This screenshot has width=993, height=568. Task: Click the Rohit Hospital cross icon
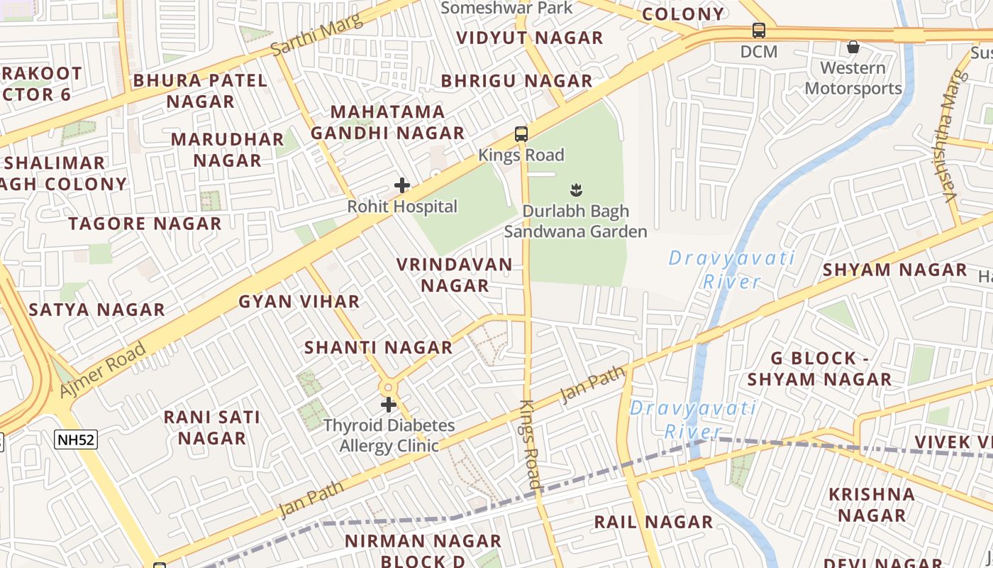402,185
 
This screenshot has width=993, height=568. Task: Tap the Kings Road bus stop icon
521,133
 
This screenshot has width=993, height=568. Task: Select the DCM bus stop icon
759,31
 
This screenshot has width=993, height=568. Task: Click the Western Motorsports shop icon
853,47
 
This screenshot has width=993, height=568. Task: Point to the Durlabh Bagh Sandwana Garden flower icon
576,190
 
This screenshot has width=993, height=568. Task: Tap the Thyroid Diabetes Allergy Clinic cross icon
388,405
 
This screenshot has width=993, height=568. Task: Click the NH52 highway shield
76,439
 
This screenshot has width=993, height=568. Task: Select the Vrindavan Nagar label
454,275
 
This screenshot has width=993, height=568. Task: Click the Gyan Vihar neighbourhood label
299,302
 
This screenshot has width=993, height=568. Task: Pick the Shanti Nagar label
378,348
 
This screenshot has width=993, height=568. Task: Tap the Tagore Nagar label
145,224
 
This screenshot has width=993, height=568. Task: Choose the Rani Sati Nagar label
211,427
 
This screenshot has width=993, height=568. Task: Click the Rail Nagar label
653,522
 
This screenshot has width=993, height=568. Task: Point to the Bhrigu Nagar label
516,81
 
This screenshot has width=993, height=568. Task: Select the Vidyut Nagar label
529,38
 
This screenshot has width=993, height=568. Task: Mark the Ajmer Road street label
103,369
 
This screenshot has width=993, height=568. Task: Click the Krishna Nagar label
872,504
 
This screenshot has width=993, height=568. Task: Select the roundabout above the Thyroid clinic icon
388,388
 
